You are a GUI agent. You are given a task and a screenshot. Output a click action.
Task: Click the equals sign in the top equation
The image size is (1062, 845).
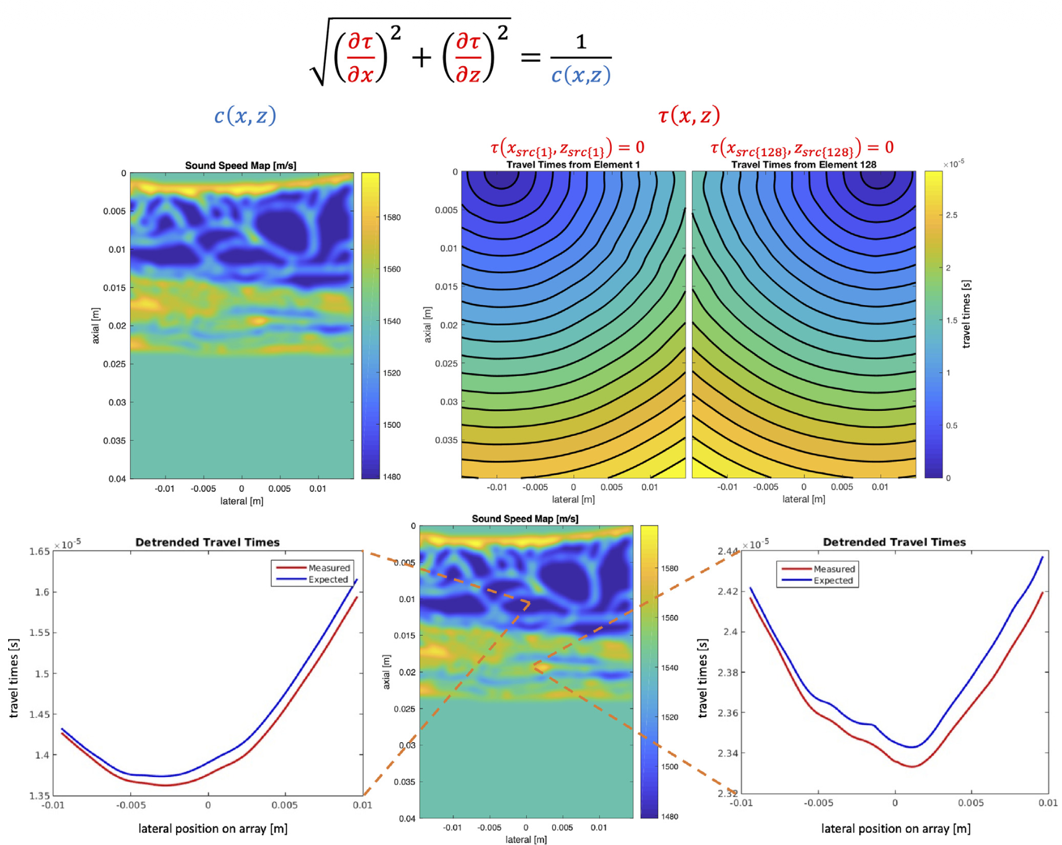pos(530,57)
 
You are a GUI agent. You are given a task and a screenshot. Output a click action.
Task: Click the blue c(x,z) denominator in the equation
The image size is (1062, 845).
pos(580,75)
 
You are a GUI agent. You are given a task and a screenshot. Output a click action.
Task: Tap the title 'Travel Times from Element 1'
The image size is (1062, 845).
pos(573,164)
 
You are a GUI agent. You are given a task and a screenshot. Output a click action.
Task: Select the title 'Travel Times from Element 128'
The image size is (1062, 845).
pos(803,164)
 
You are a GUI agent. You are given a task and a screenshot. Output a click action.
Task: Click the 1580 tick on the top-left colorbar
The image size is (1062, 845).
pos(392,217)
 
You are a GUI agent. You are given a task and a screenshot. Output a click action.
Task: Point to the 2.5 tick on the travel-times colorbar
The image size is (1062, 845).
pos(952,215)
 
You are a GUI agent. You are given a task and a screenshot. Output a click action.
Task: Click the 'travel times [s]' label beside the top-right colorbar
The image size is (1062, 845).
pos(966,314)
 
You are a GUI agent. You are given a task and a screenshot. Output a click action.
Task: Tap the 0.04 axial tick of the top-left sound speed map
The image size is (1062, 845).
pos(117,479)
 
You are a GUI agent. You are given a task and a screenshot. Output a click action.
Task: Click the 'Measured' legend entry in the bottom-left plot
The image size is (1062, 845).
pos(329,568)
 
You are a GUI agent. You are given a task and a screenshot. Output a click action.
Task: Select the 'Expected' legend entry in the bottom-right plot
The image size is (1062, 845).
pos(833,581)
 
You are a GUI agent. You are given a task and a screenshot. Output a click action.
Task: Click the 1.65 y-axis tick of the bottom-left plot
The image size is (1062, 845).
pos(40,552)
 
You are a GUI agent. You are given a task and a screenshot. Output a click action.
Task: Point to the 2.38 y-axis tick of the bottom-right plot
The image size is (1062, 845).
pos(728,672)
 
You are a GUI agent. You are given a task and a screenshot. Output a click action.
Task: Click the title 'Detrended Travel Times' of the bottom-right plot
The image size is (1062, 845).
pos(894,542)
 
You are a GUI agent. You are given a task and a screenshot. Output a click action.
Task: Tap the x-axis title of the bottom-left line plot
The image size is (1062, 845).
pos(213,828)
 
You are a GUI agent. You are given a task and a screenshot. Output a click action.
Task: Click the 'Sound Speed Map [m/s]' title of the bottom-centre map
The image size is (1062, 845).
pos(525,518)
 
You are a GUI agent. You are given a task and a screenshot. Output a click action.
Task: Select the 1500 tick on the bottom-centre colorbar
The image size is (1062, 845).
pos(669,767)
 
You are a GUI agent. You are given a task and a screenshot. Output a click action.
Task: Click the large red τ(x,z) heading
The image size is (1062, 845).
pos(689,115)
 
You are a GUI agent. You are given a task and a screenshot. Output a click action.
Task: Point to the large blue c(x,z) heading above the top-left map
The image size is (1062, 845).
pos(245,116)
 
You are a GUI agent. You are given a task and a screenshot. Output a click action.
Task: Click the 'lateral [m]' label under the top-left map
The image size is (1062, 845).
pos(242,501)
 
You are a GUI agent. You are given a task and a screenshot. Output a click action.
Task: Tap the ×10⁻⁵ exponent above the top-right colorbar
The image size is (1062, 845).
pos(953,164)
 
